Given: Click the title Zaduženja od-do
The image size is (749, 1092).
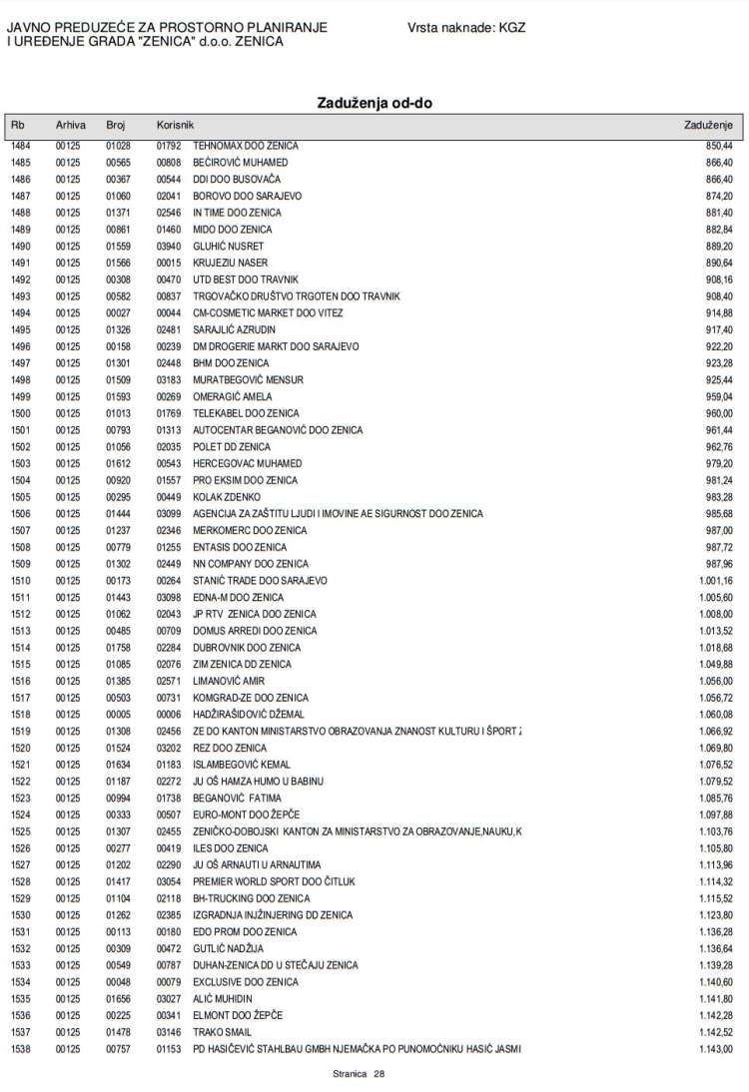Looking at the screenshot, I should click(x=374, y=103).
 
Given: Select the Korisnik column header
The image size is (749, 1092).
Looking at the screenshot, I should click(x=175, y=126).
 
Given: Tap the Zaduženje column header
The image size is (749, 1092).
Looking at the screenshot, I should click(x=708, y=126).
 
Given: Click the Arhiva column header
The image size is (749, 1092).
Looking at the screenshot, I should click(x=71, y=126).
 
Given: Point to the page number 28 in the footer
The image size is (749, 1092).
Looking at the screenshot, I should click(x=378, y=1074).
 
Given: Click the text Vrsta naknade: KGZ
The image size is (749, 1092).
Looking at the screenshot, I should click(x=466, y=28).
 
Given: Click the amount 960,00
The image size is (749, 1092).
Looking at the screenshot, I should click(x=719, y=413).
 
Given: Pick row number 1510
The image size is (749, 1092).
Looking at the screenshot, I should click(x=21, y=581).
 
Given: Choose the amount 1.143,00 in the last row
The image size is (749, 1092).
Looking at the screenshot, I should click(x=715, y=1049).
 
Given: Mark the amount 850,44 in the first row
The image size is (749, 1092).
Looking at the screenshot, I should click(x=719, y=146).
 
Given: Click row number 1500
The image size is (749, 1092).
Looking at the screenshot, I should click(x=21, y=413).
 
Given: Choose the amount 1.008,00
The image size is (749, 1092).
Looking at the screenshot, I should click(x=715, y=614).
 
